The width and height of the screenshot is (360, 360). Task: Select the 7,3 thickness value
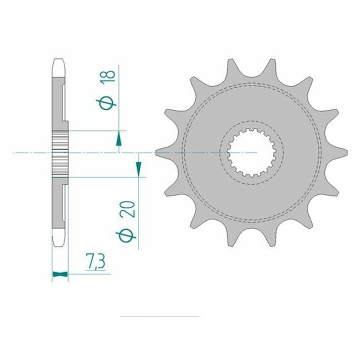pos(95,261)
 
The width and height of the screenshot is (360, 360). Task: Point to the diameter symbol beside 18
pos(106,104)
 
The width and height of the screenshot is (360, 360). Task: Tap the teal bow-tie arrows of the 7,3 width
pos(60,274)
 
